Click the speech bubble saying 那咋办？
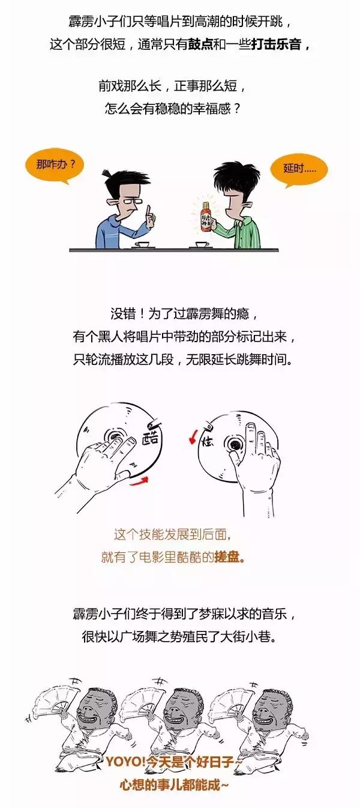coord(55,165)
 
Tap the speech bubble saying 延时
coord(299,169)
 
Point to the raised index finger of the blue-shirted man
coord(148,211)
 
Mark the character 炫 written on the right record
coord(207,441)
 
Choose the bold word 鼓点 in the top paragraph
coord(200,45)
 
